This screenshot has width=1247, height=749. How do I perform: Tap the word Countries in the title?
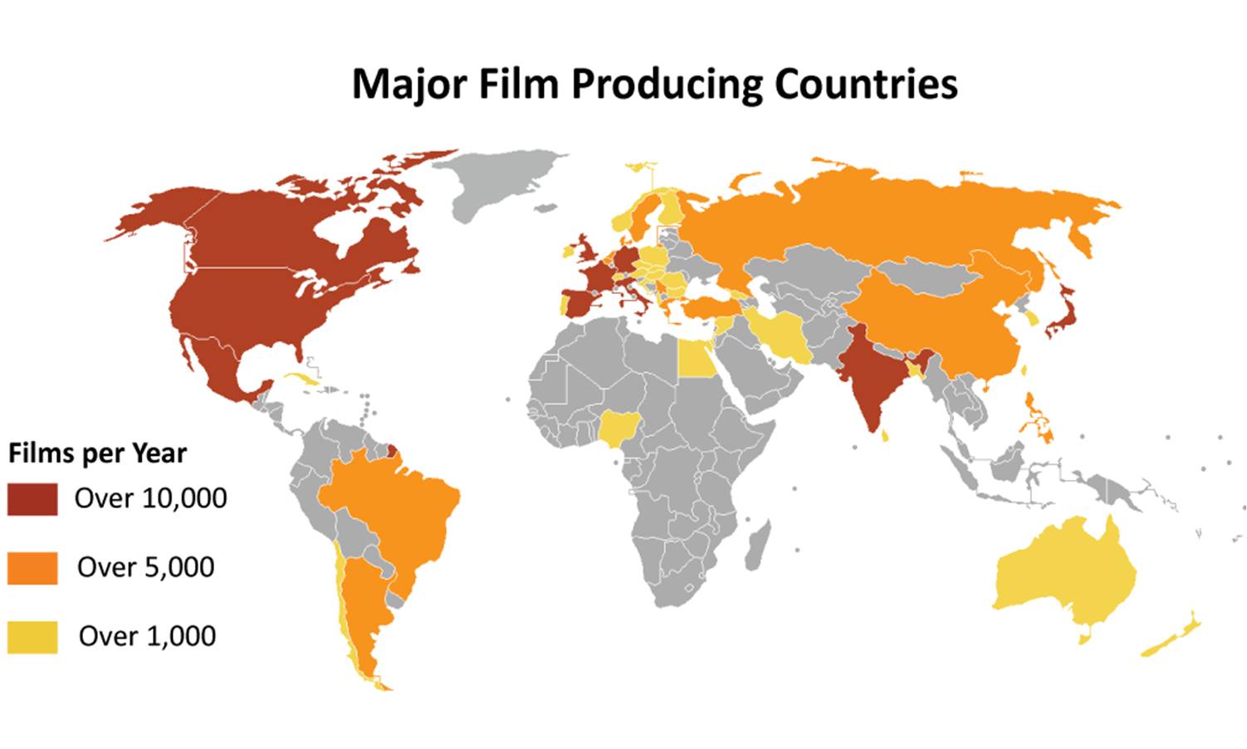866,84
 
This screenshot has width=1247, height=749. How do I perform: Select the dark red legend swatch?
32,499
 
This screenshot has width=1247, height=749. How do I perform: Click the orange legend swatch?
32,568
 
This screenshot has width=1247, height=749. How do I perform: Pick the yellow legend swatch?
32,637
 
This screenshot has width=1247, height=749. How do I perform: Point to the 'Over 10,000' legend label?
150,498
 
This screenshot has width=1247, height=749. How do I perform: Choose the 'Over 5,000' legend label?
146,567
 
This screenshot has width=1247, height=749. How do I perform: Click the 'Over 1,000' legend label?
148,636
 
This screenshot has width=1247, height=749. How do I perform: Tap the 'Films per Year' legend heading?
97,453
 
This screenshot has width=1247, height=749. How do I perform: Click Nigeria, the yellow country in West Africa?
617,428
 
